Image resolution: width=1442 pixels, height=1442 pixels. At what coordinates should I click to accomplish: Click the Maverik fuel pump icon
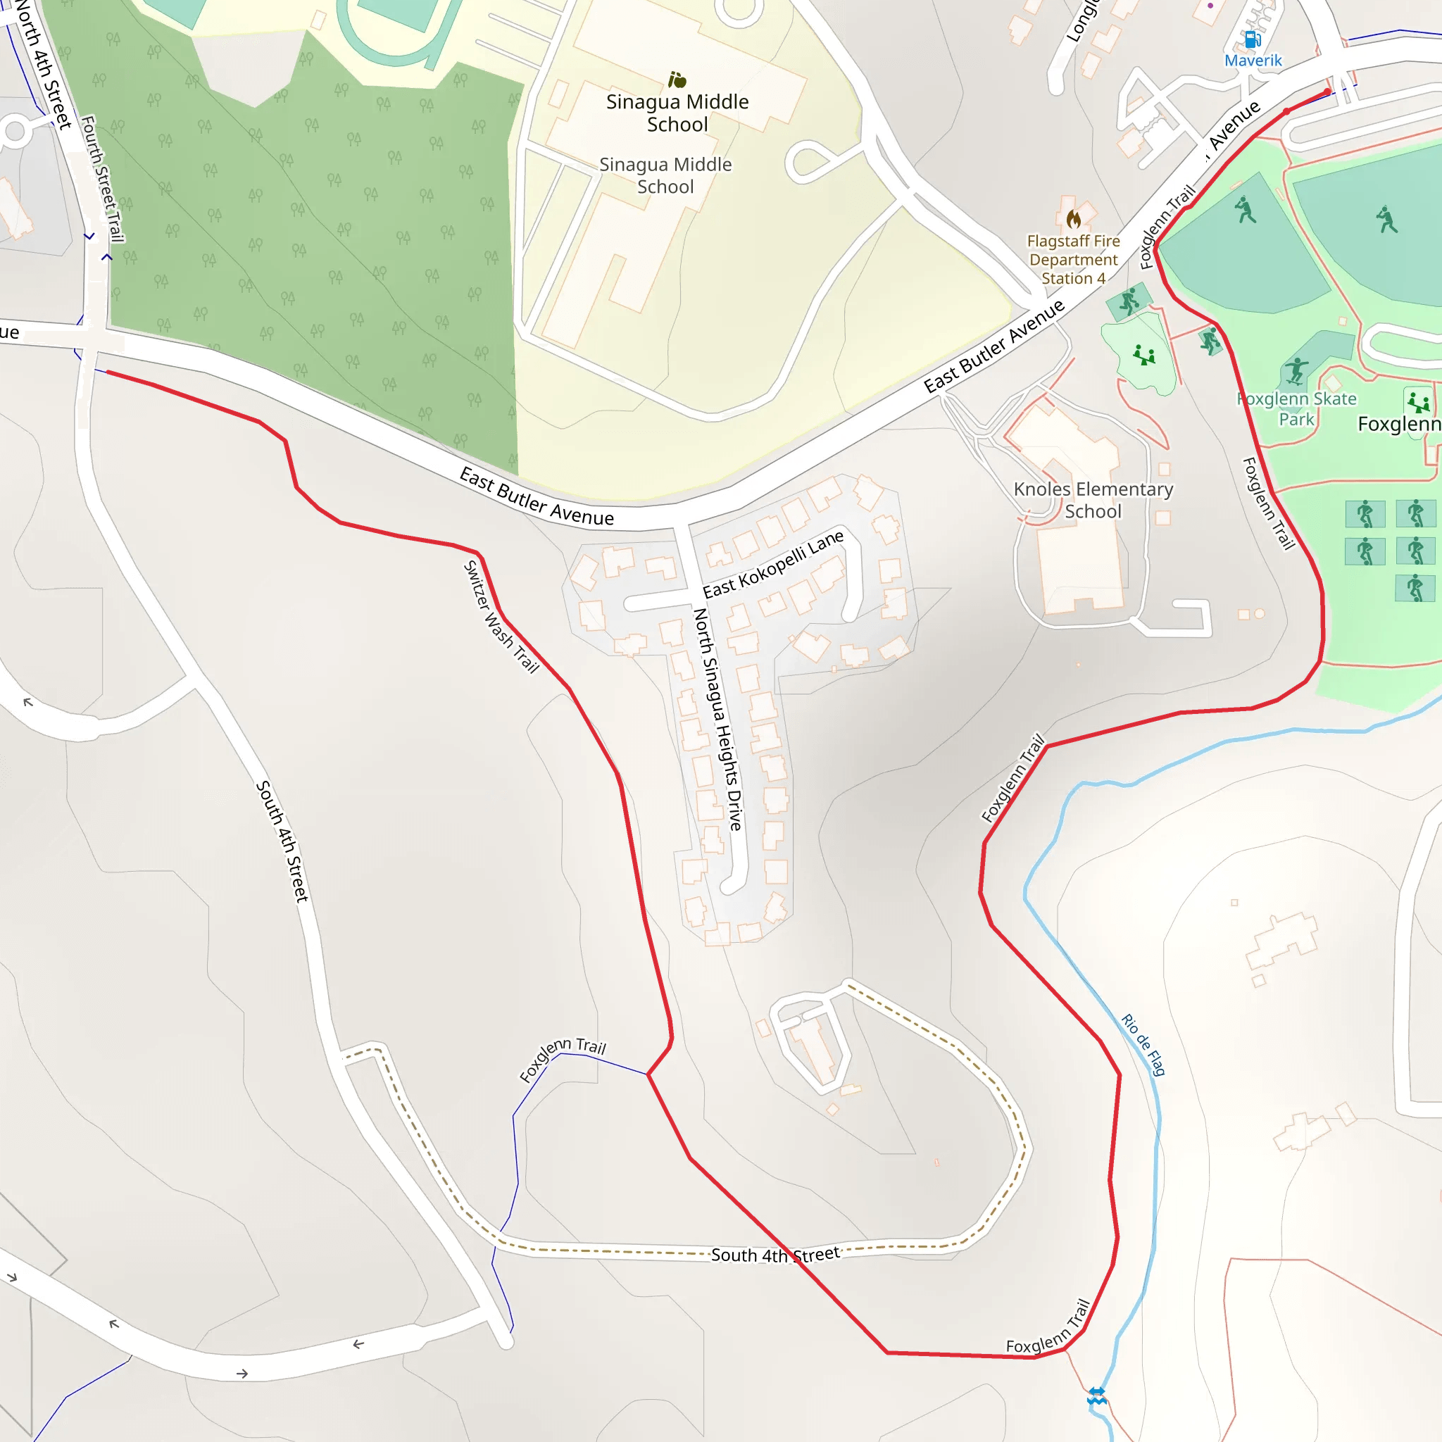pyautogui.click(x=1253, y=39)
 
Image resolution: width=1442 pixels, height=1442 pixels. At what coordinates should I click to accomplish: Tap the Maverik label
pyautogui.click(x=1253, y=61)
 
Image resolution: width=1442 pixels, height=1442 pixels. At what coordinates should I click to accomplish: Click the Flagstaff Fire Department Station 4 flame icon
pyautogui.click(x=1073, y=219)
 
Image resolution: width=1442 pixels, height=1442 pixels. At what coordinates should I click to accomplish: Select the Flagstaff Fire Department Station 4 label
pyautogui.click(x=1073, y=260)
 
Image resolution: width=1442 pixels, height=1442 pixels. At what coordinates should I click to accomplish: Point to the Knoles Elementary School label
pyautogui.click(x=1093, y=500)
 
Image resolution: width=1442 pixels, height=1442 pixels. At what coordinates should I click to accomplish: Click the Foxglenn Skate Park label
pyautogui.click(x=1296, y=409)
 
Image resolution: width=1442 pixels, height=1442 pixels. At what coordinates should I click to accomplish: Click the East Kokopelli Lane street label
pyautogui.click(x=772, y=564)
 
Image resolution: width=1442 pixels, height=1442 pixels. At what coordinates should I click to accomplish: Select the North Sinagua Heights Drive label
pyautogui.click(x=717, y=720)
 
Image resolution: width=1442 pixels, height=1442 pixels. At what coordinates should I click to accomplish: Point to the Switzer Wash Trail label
pyautogui.click(x=501, y=617)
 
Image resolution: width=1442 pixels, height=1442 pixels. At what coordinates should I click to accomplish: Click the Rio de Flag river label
pyautogui.click(x=1143, y=1044)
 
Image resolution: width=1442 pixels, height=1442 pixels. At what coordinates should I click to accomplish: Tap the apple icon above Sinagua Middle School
pyautogui.click(x=677, y=79)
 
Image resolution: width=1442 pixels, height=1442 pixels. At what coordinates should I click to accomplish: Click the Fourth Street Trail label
pyautogui.click(x=102, y=178)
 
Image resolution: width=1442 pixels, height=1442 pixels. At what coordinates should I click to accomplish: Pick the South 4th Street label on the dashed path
pyautogui.click(x=775, y=1255)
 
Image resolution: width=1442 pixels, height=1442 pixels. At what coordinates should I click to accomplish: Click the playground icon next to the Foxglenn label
pyautogui.click(x=1417, y=402)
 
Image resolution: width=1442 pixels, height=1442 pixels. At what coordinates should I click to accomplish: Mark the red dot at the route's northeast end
pyautogui.click(x=1327, y=92)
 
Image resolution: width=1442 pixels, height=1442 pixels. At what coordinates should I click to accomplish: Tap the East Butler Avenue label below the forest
pyautogui.click(x=536, y=497)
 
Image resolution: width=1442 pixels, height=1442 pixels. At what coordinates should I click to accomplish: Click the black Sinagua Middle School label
pyautogui.click(x=677, y=113)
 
